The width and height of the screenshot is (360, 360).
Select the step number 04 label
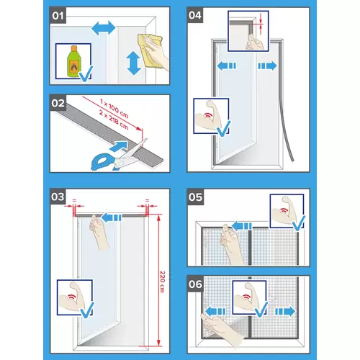tap(196, 14)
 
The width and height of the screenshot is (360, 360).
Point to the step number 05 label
tap(196, 197)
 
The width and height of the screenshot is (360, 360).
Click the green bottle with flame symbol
tap(72, 60)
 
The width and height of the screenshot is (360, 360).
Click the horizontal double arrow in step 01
tap(103, 27)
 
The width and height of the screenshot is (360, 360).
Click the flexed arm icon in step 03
tap(73, 297)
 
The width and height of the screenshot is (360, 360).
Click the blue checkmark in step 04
tap(222, 129)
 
